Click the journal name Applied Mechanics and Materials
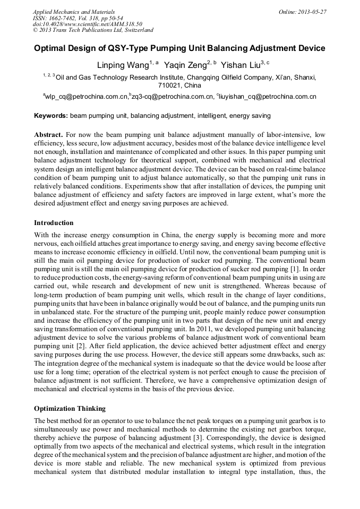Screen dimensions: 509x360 pos(74,12)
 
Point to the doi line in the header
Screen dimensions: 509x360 pos(88,24)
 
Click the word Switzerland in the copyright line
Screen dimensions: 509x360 pos(135,30)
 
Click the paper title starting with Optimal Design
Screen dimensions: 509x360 pos(179,48)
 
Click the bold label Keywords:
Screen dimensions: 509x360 pos(51,115)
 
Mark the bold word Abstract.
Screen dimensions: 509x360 pos(48,135)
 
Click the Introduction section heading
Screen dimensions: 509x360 pos(54,222)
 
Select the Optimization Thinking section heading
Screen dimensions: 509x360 pos(70,409)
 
